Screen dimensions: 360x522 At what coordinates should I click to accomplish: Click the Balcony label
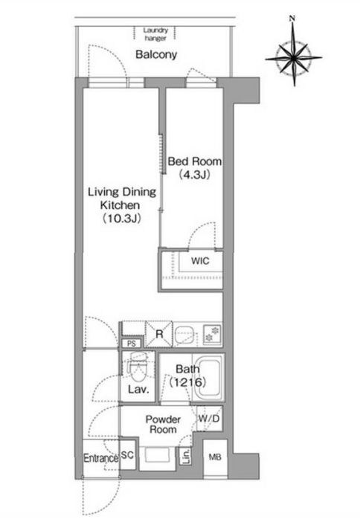pyautogui.click(x=156, y=54)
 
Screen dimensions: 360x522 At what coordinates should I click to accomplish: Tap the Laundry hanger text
pyautogui.click(x=155, y=34)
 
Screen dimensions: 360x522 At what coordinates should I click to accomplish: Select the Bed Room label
pyautogui.click(x=194, y=161)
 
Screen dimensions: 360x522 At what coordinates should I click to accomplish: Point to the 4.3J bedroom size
pyautogui.click(x=194, y=175)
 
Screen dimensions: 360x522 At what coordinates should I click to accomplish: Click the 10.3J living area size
pyautogui.click(x=121, y=219)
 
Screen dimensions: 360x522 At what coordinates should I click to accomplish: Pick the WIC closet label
pyautogui.click(x=200, y=261)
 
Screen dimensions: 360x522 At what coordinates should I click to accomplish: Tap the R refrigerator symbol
pyautogui.click(x=159, y=334)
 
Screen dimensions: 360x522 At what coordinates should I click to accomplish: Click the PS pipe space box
pyautogui.click(x=131, y=344)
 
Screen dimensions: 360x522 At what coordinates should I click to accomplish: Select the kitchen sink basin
pyautogui.click(x=184, y=334)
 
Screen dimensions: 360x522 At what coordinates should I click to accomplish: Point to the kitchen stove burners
pyautogui.click(x=212, y=334)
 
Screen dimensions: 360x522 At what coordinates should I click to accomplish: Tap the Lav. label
pyautogui.click(x=138, y=389)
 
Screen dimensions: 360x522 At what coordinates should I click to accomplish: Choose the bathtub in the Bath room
pyautogui.click(x=208, y=377)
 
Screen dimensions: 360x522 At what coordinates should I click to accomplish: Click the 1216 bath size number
pyautogui.click(x=187, y=382)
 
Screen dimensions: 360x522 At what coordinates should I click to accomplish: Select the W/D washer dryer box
pyautogui.click(x=209, y=419)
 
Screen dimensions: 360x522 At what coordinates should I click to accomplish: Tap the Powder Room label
pyautogui.click(x=163, y=425)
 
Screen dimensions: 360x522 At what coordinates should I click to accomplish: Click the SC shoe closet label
pyautogui.click(x=127, y=455)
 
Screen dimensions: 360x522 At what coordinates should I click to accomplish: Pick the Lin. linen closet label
pyautogui.click(x=186, y=456)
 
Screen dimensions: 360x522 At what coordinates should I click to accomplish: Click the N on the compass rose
pyautogui.click(x=292, y=19)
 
